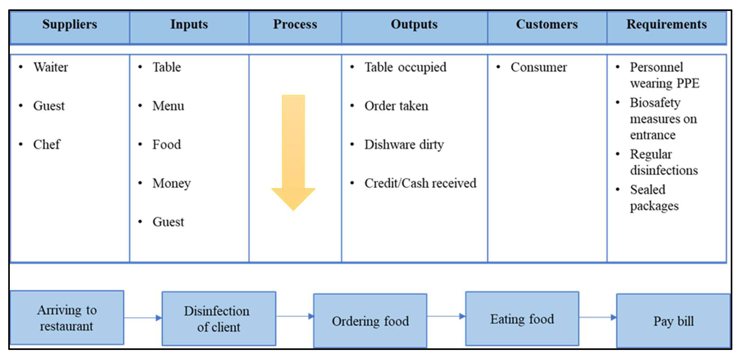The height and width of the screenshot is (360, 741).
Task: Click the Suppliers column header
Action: point(70,24)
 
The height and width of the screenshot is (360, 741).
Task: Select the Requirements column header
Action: point(667,24)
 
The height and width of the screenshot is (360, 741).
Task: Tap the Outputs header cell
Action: point(414,24)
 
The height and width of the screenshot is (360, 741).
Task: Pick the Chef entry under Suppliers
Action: point(47,144)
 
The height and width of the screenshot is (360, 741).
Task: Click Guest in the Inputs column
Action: point(168,222)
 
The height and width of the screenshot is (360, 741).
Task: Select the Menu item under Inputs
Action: point(168,106)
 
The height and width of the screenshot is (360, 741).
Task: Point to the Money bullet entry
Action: point(172,183)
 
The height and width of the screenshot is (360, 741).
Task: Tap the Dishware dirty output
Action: point(404,144)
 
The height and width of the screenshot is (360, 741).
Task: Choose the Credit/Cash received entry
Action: point(420,183)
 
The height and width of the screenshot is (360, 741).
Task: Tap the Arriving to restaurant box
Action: point(67,318)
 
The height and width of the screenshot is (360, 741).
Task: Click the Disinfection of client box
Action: point(219,319)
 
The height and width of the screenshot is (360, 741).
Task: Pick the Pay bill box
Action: point(673,321)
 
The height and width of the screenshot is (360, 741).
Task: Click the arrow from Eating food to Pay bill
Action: point(598,317)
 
